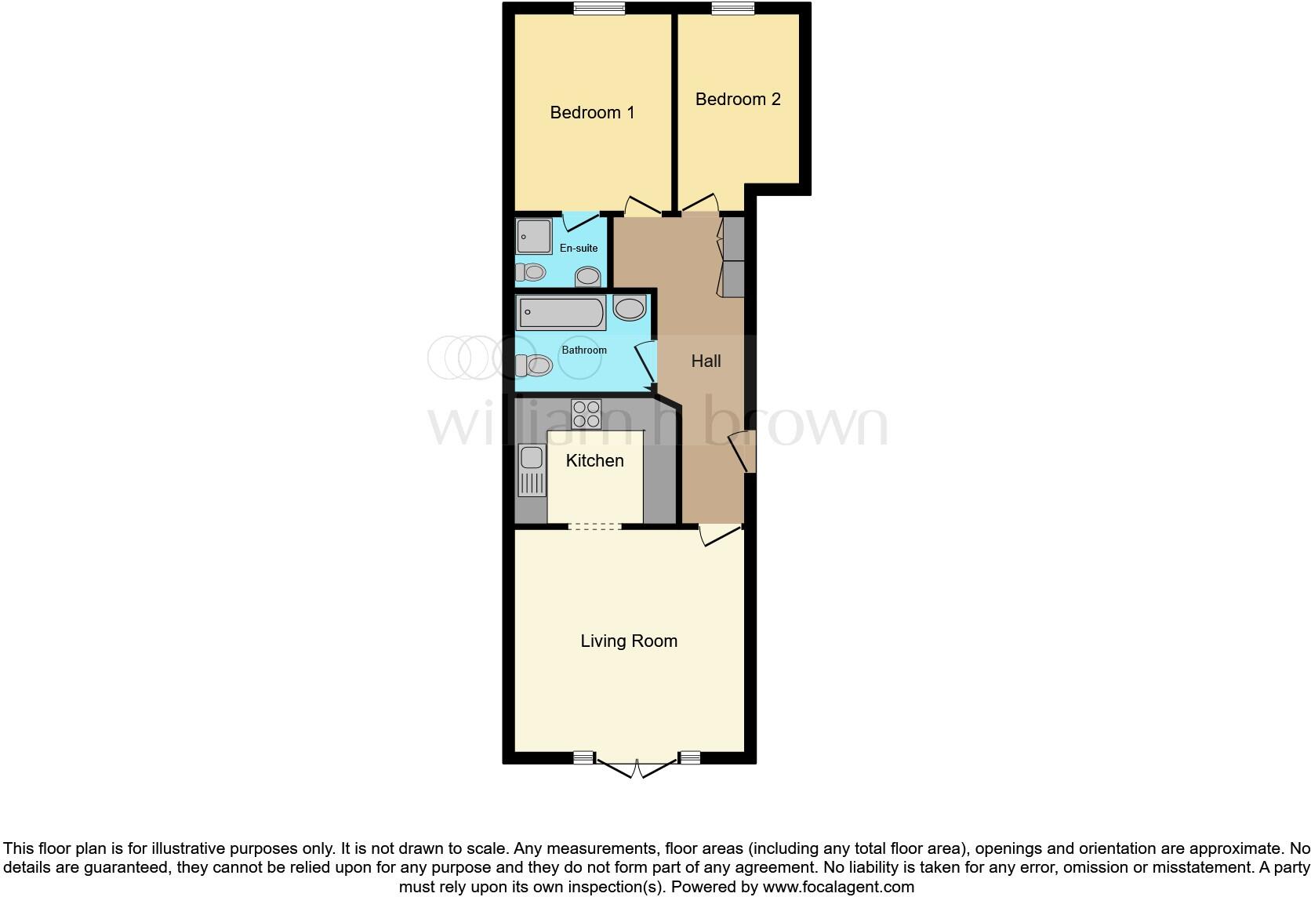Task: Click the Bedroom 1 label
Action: tap(592, 113)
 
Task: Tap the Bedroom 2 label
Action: tap(738, 100)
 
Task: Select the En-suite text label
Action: tap(579, 249)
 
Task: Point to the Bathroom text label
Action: tap(584, 350)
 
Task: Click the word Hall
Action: tap(706, 361)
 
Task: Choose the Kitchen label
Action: tap(594, 461)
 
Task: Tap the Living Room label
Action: tap(629, 641)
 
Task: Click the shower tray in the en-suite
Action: tap(534, 236)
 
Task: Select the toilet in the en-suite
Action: tap(531, 272)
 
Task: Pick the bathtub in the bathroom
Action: tap(561, 314)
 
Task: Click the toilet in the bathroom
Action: tap(533, 365)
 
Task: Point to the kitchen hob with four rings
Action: tap(586, 413)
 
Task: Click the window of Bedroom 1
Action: tap(599, 9)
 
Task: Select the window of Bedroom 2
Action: tap(733, 9)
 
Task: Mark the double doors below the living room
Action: tap(636, 767)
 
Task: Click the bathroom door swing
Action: tap(645, 362)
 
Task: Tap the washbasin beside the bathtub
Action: tap(630, 308)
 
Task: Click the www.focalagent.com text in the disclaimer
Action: tap(838, 888)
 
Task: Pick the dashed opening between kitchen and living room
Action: tap(594, 527)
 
